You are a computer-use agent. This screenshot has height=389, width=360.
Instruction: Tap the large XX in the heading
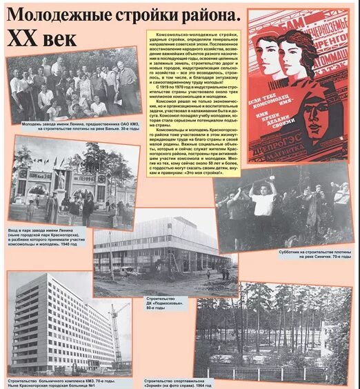(26, 38)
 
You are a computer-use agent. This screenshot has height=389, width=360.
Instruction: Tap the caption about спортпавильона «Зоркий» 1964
(182, 381)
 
